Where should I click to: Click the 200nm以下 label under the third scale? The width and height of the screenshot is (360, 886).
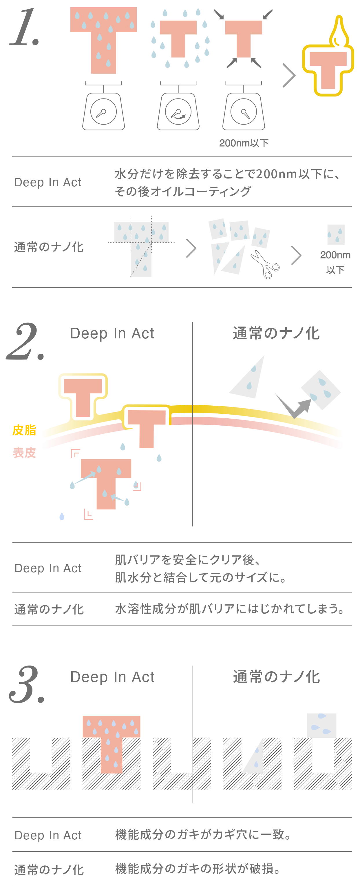[x=244, y=143]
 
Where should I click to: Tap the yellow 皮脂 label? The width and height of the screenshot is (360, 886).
[x=24, y=430]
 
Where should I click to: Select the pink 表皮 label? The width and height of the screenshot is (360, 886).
[x=24, y=453]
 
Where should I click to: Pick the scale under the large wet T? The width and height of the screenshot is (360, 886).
[x=103, y=108]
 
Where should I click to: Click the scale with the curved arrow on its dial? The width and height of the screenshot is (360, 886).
[x=178, y=108]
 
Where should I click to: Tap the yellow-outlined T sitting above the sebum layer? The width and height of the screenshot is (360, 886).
[x=83, y=395]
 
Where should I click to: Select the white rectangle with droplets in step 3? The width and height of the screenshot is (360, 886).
[x=321, y=726]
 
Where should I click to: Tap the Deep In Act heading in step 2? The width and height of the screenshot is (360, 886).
[x=112, y=333]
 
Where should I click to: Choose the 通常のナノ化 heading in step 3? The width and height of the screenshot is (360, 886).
[x=277, y=677]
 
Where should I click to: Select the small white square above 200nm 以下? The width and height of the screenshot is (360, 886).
[x=336, y=235]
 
